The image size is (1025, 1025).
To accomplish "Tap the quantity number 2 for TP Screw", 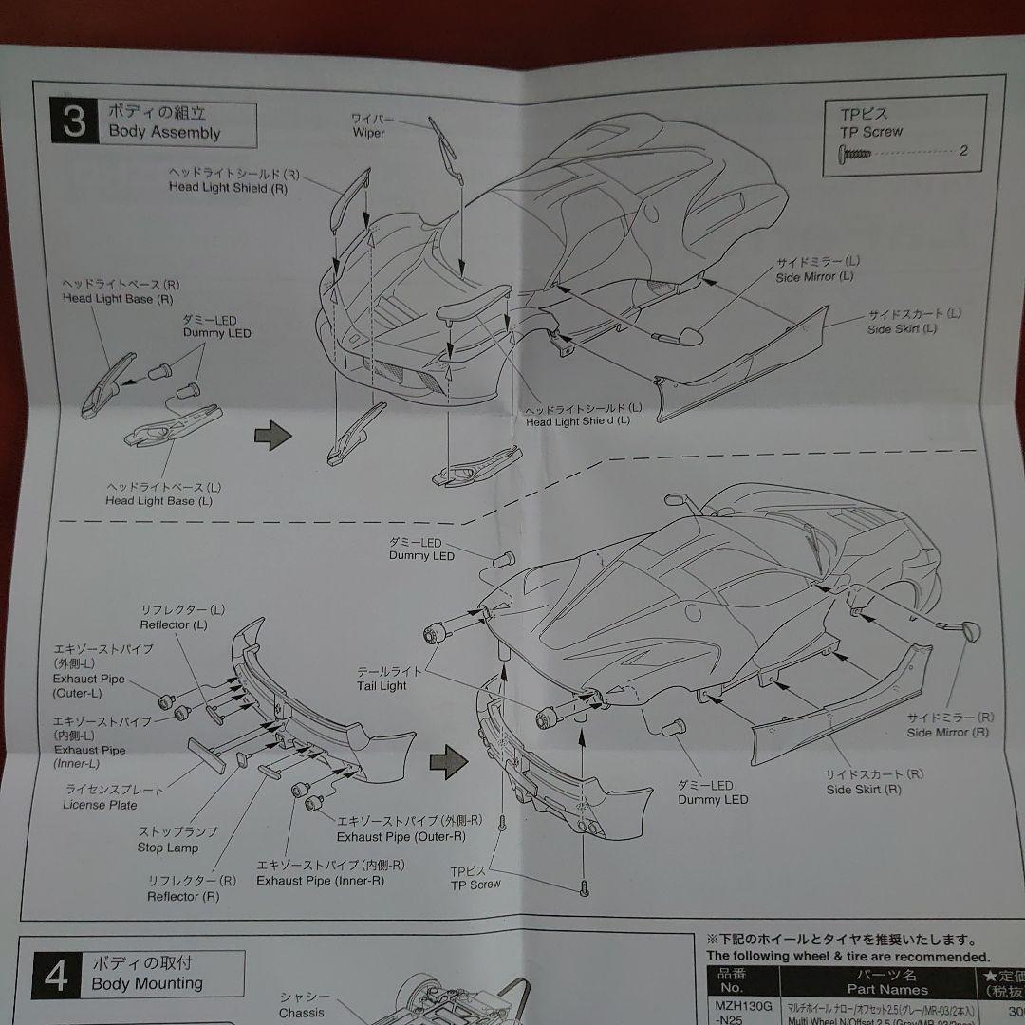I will click(x=963, y=151).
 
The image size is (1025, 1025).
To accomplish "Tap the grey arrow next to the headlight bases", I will click(x=270, y=436).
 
